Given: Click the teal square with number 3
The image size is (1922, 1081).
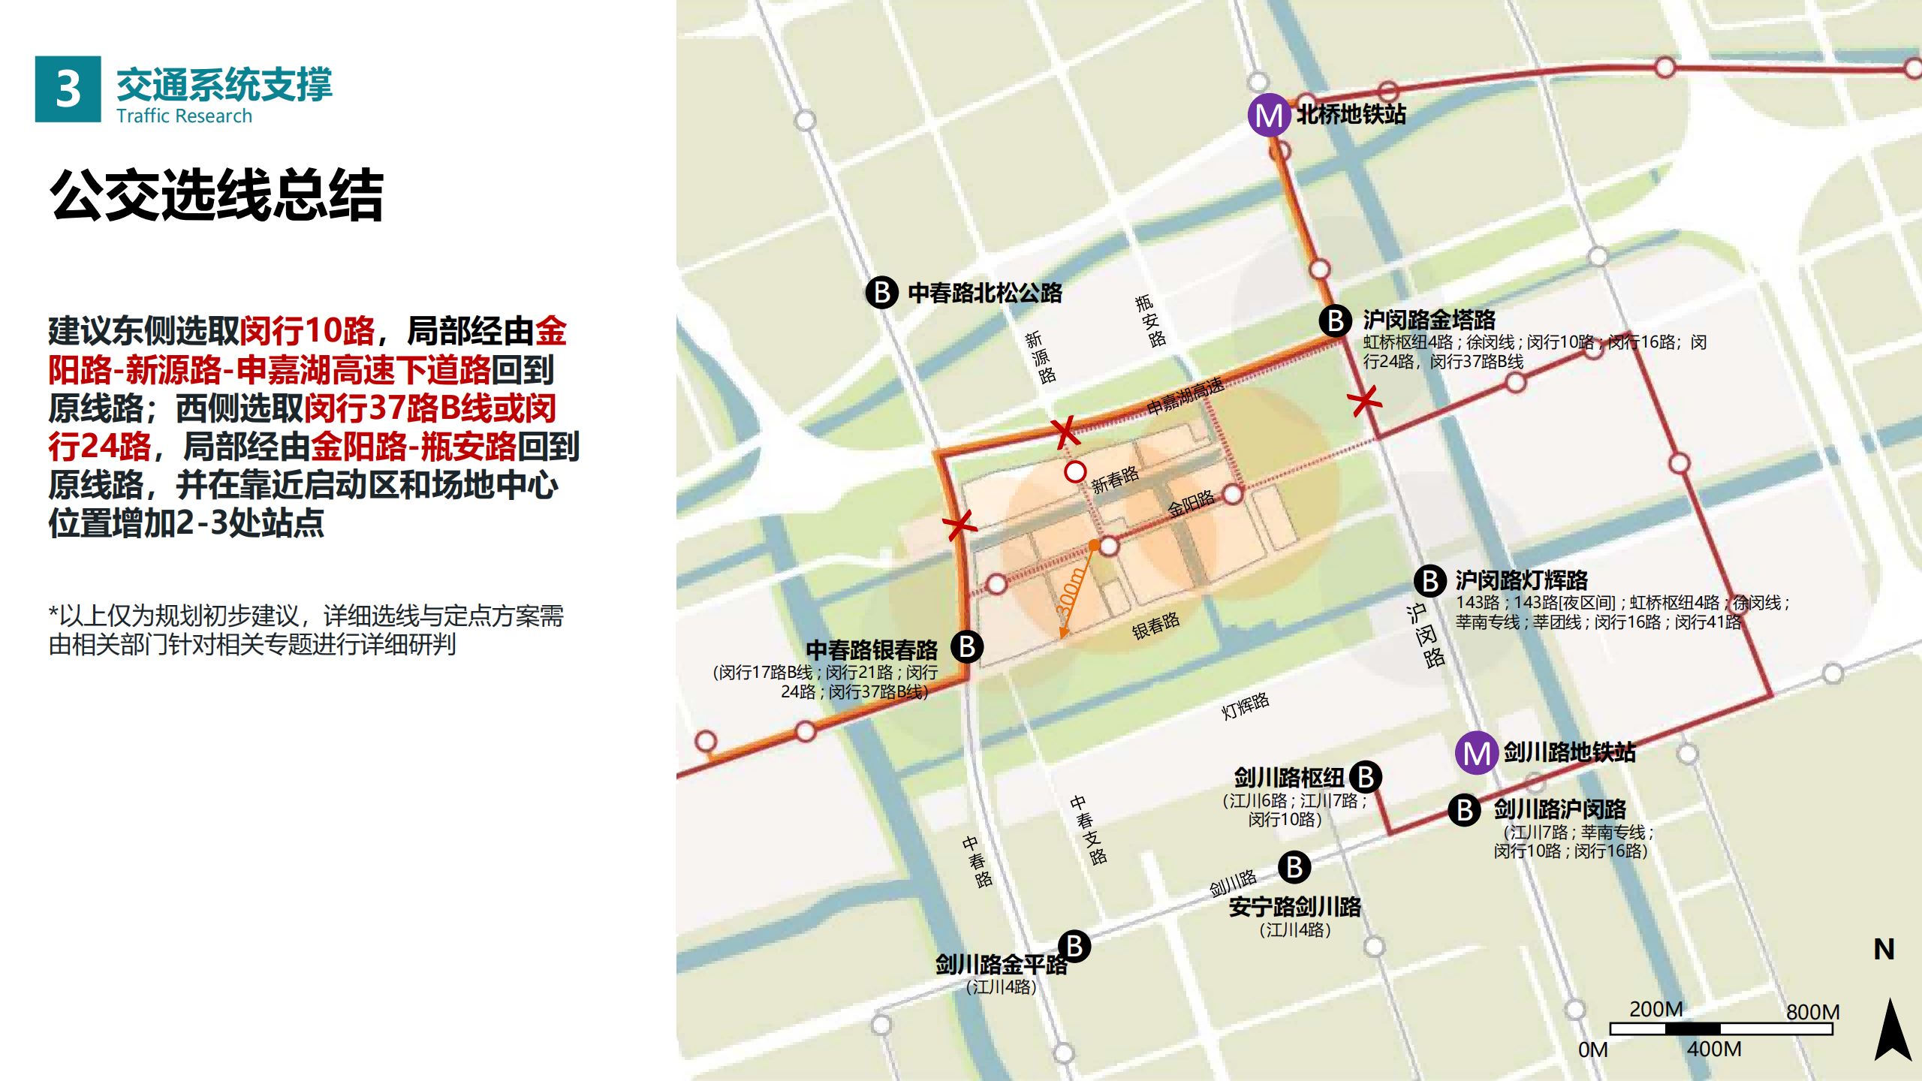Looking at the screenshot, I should pos(68,89).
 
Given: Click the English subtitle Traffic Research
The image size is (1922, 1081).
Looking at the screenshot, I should pos(184,116).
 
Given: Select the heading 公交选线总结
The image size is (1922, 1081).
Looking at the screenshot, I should pos(217,195).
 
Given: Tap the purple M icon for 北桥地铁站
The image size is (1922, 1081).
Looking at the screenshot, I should pos(1269,115).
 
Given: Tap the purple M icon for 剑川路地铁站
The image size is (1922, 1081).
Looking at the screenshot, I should pos(1477,753).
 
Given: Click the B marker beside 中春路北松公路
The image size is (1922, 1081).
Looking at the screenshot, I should pos(882,292).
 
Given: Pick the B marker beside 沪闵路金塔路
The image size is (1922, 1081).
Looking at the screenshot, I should pos(1336,321).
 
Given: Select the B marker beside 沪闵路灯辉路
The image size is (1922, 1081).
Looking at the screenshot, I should pos(1430,581).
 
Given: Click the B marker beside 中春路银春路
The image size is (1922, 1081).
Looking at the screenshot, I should pos(967,646).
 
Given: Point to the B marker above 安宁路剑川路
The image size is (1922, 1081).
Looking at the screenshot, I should pos(1294,867).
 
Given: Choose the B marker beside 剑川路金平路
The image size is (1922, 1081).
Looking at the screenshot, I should pos(1074,947).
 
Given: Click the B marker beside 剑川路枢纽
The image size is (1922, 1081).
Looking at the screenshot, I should pos(1366,777).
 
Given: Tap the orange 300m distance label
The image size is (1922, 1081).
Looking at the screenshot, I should pos(1071,593).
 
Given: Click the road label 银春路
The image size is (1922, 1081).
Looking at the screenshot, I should pos(1155,625).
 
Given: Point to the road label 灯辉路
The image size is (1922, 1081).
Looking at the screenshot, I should pos(1245,706).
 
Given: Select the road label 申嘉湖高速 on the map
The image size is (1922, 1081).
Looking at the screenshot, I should pos(1185,396).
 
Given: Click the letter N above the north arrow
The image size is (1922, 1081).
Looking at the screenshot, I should pos(1884,950).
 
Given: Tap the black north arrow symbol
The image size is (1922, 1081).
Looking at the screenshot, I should pos(1893,1030).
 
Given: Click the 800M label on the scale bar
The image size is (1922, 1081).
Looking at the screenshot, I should pos(1812,1012).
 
